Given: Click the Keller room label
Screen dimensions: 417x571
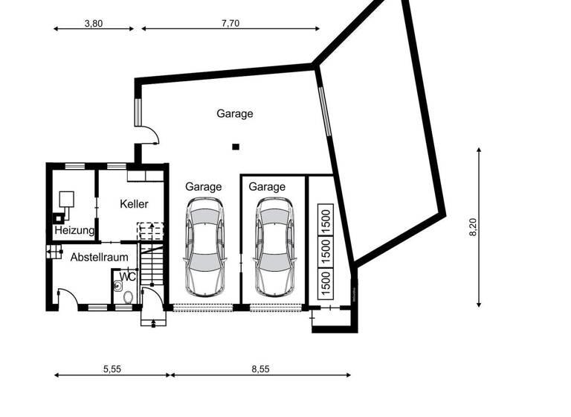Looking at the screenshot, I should click(134, 203).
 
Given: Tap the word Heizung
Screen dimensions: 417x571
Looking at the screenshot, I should click(74, 231).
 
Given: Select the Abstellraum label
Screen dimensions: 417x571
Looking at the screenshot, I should click(99, 258).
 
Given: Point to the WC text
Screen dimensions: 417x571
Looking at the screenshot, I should click(127, 276).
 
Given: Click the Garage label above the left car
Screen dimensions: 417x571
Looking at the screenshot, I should click(204, 187).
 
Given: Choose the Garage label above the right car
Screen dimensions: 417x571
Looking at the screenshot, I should click(267, 187).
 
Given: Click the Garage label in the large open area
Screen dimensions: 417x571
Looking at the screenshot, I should click(235, 114).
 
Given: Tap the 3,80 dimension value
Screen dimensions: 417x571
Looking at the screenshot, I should click(93, 23).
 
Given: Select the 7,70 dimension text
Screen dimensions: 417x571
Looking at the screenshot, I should click(230, 23).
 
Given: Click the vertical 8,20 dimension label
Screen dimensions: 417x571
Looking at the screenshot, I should click(473, 227).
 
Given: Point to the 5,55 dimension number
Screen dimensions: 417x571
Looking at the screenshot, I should click(112, 369).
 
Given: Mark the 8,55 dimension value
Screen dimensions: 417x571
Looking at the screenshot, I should click(260, 369).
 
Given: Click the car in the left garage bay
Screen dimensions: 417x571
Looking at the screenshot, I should click(204, 246).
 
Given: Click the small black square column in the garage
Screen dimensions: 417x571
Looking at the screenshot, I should click(236, 147).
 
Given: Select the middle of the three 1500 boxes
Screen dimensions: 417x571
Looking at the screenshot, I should click(325, 250).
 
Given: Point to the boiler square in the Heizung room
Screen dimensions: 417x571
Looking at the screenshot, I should click(66, 198).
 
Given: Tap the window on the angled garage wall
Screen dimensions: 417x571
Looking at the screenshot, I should click(323, 112).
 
